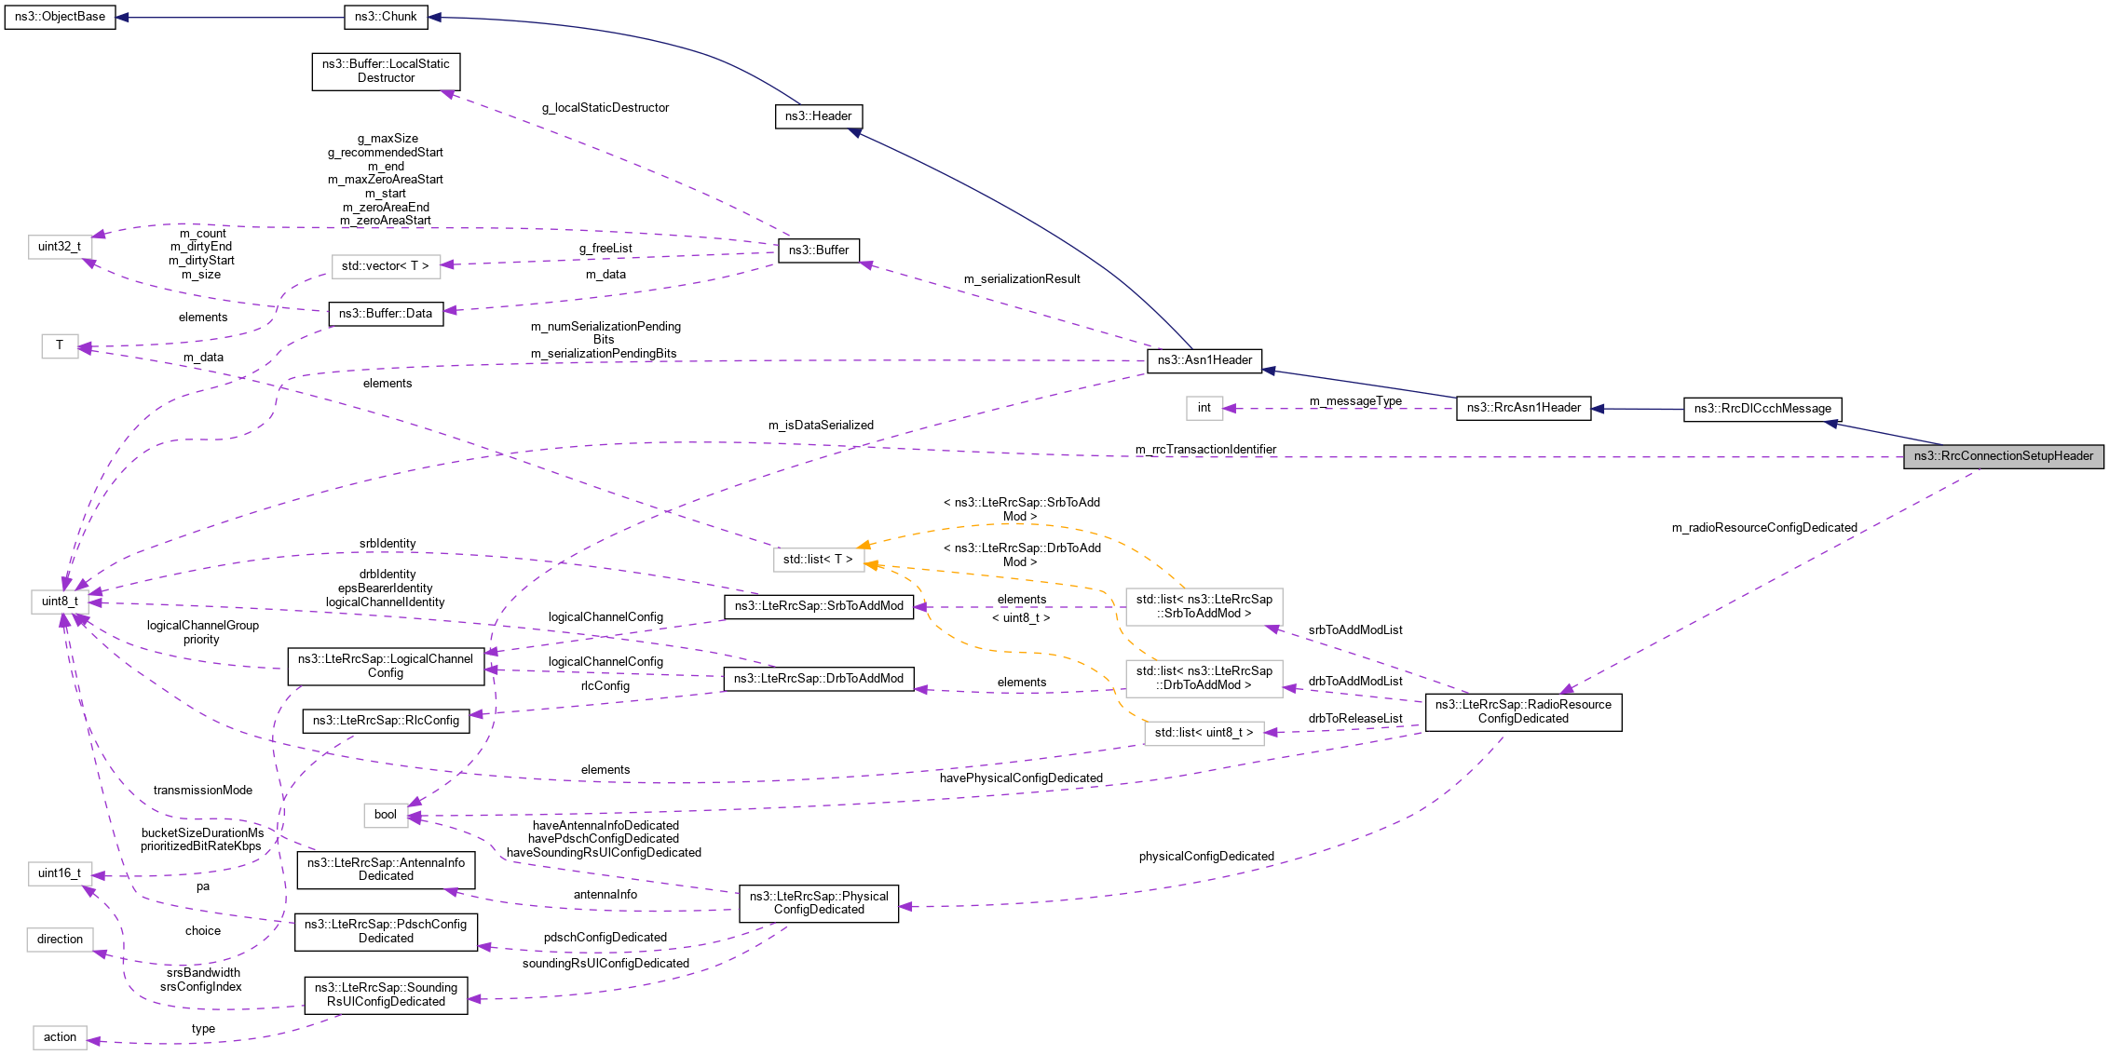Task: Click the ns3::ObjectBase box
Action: pos(60,17)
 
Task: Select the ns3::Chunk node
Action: pos(386,17)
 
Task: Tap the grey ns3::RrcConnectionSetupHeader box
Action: pos(2003,456)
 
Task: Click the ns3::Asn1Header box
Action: pos(1204,360)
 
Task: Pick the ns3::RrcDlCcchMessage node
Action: pos(1762,409)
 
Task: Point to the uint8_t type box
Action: pos(60,602)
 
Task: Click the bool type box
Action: pos(386,815)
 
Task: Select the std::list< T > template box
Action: pos(817,560)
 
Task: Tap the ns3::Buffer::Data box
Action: pos(386,314)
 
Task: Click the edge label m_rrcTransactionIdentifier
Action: pos(1205,450)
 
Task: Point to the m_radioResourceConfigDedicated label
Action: pos(1763,528)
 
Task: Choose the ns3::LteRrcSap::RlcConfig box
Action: pos(386,721)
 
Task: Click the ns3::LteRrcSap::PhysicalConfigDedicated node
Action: pos(819,903)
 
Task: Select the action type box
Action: pos(60,1037)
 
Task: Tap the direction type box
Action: pos(60,940)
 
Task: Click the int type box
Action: pos(1204,408)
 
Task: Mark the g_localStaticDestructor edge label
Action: pos(605,108)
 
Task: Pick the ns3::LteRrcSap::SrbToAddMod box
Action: pos(819,606)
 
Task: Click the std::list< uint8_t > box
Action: pos(1204,733)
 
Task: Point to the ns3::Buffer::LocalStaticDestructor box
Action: pos(386,71)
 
